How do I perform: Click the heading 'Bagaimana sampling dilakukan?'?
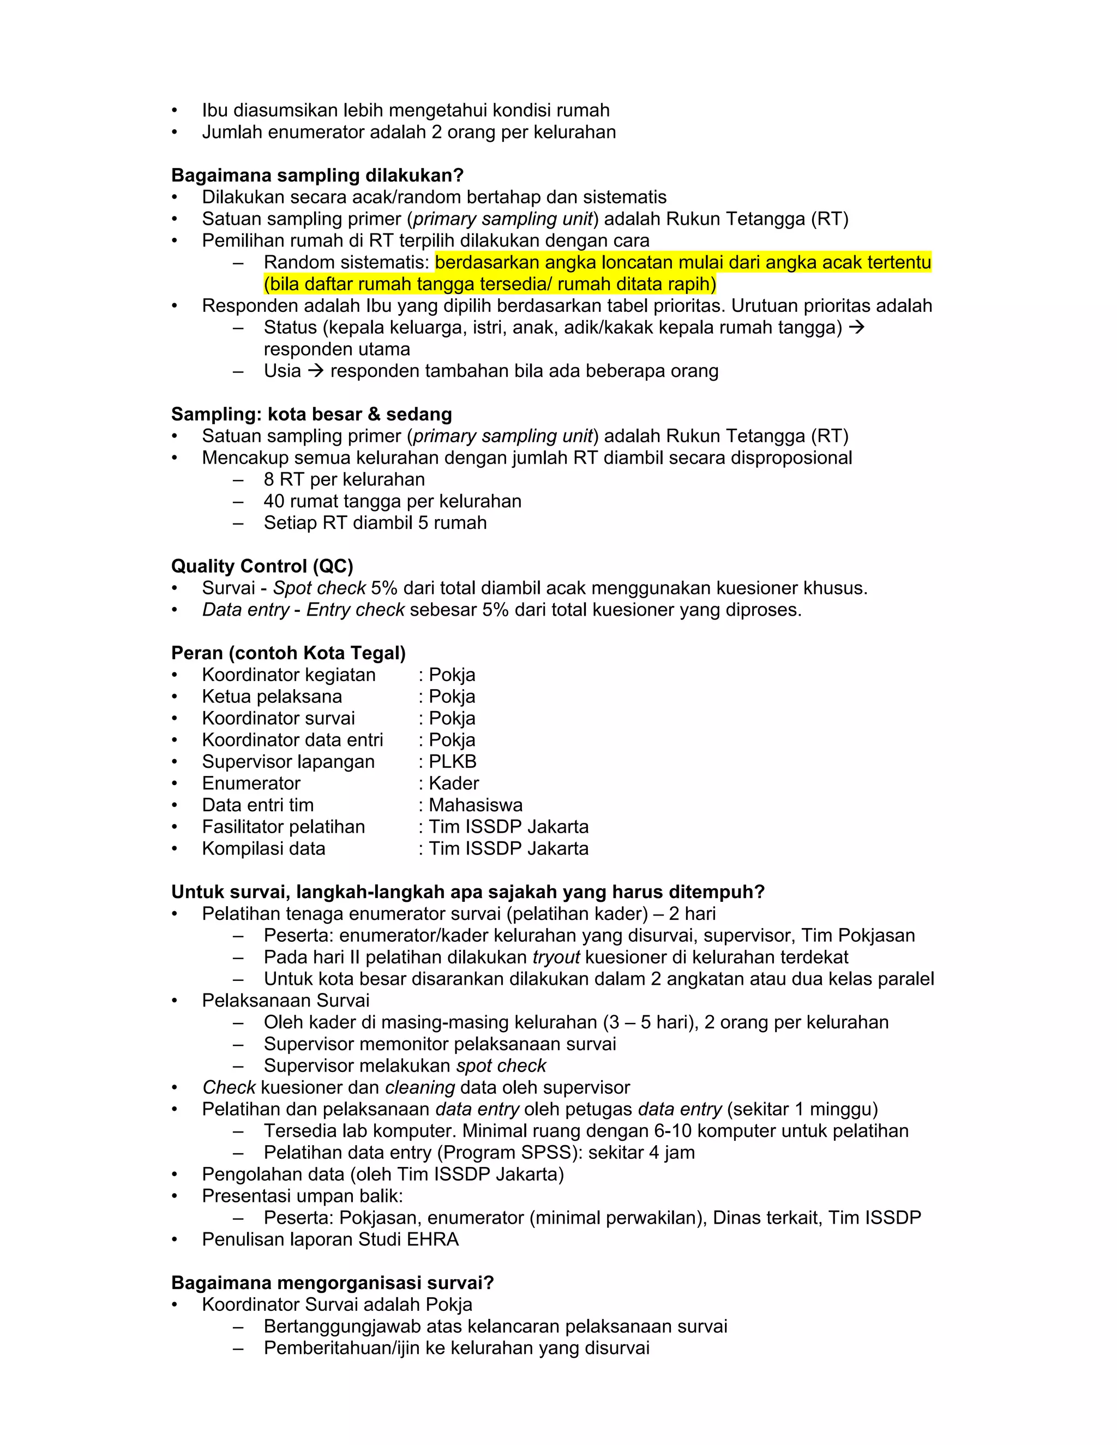(317, 176)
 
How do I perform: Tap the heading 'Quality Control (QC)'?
(262, 567)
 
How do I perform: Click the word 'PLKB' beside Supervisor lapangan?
(453, 762)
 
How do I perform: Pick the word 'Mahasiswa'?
(475, 805)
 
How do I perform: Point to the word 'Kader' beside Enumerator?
(453, 784)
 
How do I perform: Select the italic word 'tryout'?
(556, 958)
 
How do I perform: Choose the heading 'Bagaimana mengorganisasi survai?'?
(332, 1283)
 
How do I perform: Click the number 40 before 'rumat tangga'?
(274, 502)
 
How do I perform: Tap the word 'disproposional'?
(791, 458)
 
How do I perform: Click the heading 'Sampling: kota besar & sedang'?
(311, 414)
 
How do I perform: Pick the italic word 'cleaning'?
(419, 1088)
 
